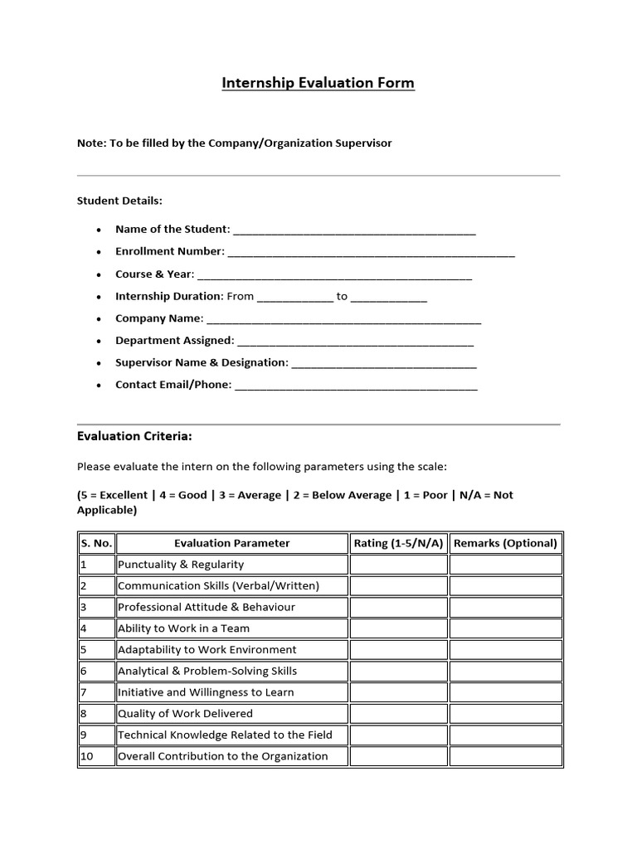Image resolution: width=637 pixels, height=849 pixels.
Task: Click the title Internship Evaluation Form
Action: pos(318,83)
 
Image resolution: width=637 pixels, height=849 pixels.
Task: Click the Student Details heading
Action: pos(119,201)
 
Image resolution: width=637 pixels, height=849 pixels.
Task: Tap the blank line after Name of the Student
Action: pos(354,230)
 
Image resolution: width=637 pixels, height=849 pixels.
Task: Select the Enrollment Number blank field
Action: pos(371,252)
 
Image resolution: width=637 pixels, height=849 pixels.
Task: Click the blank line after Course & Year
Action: pos(335,274)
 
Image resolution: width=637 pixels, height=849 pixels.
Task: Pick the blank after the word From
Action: pos(294,297)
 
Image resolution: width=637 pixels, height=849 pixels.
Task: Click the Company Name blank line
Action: pos(343,319)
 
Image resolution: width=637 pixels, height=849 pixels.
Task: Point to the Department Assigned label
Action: pos(175,341)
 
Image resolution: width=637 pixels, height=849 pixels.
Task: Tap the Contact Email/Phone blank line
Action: pos(356,386)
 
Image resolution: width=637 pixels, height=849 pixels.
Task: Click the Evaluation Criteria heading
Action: pos(134,436)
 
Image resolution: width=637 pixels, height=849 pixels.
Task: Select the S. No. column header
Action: pos(95,543)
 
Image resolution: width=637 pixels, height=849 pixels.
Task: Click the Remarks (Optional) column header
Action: pos(505,543)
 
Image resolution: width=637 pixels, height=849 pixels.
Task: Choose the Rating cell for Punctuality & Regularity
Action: pos(398,565)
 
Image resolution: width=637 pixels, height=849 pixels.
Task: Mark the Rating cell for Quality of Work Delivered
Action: pos(398,714)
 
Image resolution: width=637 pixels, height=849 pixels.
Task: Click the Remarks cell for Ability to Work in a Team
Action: pos(505,628)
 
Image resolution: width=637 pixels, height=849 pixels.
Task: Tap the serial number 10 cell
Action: pos(95,756)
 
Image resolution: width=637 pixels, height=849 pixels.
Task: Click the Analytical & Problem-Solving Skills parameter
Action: pos(207,671)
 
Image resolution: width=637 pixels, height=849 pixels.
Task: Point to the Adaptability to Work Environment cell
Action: pos(207,650)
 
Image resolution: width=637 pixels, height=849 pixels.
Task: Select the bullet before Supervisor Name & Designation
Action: pos(99,364)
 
